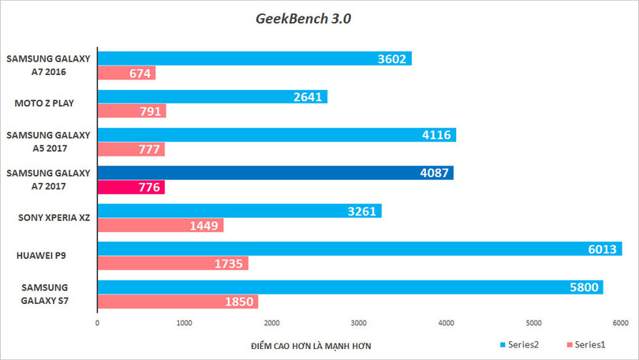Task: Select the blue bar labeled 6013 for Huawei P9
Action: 359,249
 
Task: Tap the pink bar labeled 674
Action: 126,73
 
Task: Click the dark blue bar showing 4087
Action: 275,173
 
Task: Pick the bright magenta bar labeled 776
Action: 130,188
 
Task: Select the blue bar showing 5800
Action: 349,287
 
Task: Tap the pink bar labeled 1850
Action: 177,302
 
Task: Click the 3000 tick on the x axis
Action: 359,323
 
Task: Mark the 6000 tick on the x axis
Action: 620,323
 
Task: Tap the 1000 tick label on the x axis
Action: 185,323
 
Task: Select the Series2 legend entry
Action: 521,345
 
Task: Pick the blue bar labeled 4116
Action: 276,135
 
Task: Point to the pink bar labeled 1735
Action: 173,264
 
